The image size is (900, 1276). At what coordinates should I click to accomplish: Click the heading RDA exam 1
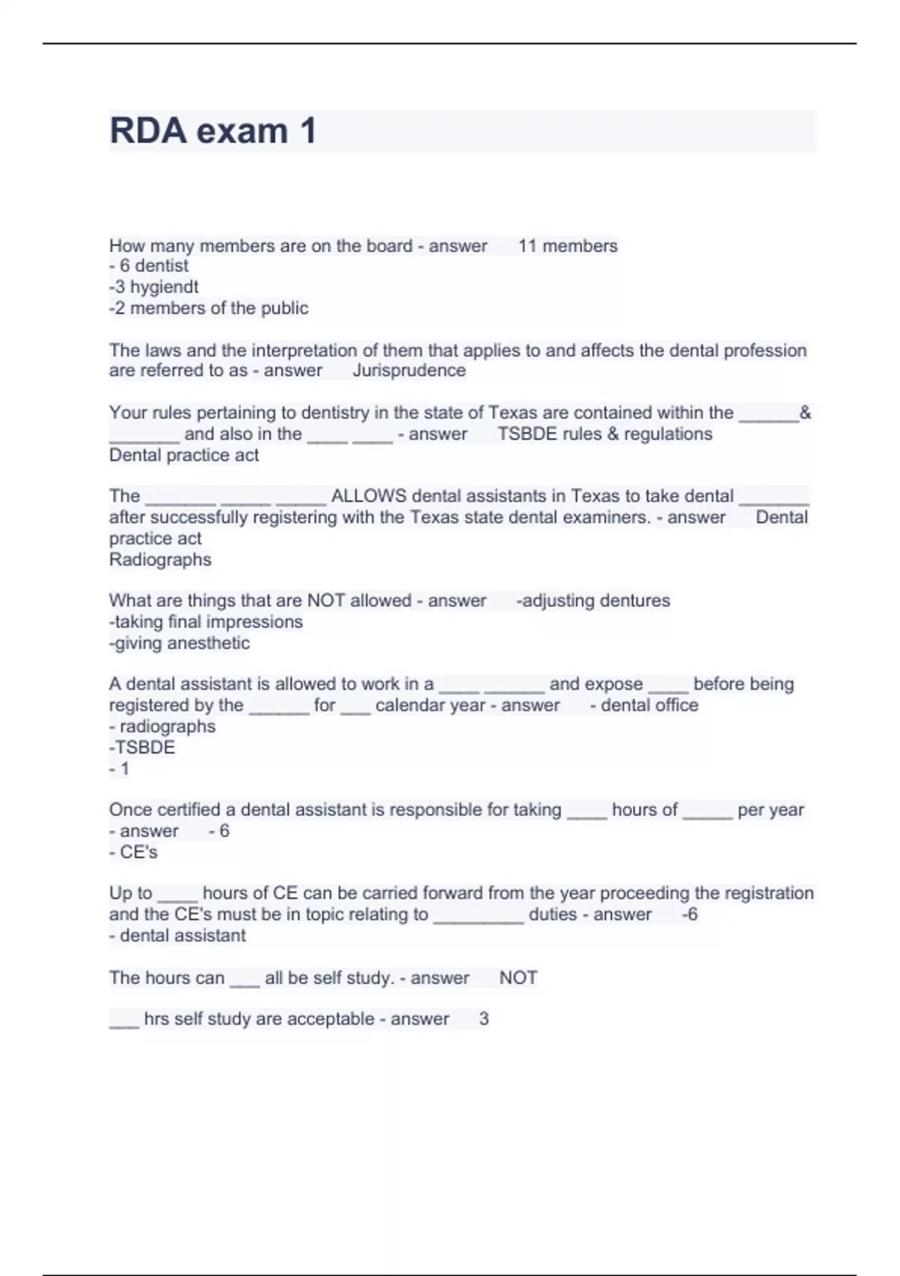tap(213, 131)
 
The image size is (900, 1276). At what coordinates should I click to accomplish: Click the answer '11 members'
tap(568, 246)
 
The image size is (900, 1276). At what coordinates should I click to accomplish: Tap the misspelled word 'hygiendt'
tap(164, 287)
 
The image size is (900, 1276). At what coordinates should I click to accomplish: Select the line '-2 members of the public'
tap(208, 308)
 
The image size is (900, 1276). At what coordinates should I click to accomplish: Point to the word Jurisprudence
tap(409, 370)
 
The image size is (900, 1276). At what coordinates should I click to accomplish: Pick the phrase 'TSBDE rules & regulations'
tap(604, 434)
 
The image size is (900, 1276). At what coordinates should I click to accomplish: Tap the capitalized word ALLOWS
tap(369, 496)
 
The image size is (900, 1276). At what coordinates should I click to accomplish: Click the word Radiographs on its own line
tap(160, 559)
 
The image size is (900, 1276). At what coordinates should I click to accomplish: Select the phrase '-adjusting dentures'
tap(592, 600)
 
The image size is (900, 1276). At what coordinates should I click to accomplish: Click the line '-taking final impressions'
tap(205, 621)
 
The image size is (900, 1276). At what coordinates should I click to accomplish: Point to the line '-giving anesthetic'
tap(179, 643)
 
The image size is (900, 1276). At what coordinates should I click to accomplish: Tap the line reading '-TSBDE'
tap(142, 747)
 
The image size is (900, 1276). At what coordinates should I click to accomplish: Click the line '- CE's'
tap(133, 852)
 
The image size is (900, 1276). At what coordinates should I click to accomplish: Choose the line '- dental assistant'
tap(177, 935)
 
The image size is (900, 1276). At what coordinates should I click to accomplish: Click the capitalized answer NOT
tap(518, 978)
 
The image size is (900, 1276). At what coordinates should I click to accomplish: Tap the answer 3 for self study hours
tap(484, 1019)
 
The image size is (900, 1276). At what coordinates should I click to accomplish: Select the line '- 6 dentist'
tap(148, 266)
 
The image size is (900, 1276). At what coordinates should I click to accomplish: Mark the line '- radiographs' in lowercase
tap(162, 726)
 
